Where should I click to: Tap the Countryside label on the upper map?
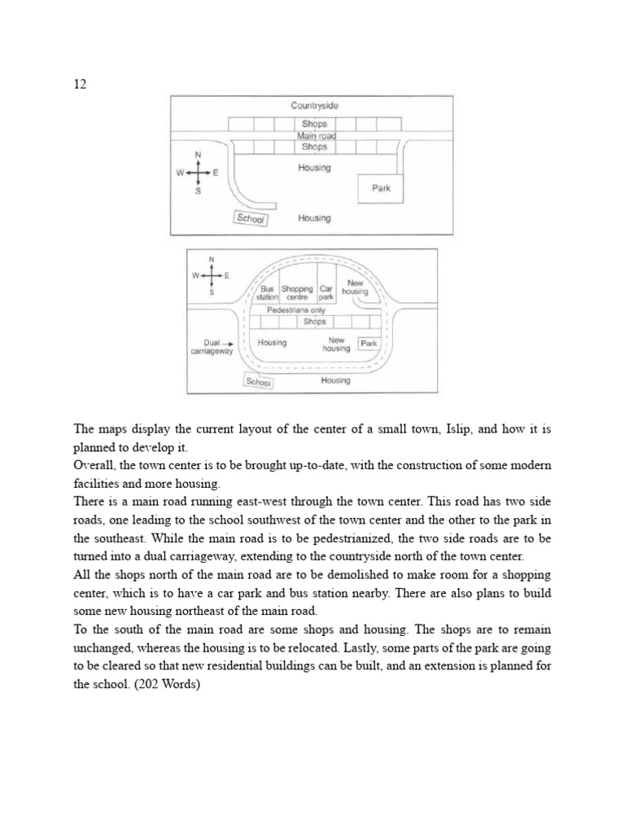point(314,106)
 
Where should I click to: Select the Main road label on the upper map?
point(316,136)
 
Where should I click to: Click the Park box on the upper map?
point(381,188)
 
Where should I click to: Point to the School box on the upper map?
point(250,218)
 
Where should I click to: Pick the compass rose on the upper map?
point(197,173)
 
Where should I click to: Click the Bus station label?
point(267,293)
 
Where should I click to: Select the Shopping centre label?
point(297,293)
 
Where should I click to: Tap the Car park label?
point(326,293)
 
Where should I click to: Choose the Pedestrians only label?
point(295,310)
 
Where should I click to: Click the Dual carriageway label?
point(211,348)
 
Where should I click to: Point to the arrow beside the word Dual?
point(229,344)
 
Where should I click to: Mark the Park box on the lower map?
point(369,344)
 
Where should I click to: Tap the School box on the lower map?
point(259,382)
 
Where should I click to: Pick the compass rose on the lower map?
point(212,275)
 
